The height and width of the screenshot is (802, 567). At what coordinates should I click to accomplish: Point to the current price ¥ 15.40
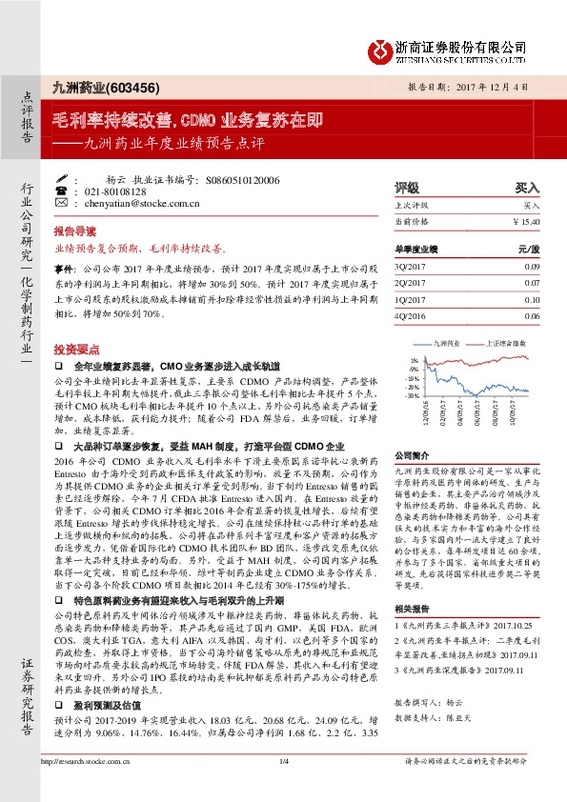[x=526, y=221]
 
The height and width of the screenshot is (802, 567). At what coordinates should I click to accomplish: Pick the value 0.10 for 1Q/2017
[x=532, y=299]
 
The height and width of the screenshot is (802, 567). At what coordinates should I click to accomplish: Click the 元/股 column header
[x=529, y=250]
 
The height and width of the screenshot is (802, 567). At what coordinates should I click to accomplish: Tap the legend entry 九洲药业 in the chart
[x=447, y=341]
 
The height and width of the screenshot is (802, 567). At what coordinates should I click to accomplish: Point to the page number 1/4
[x=283, y=787]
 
